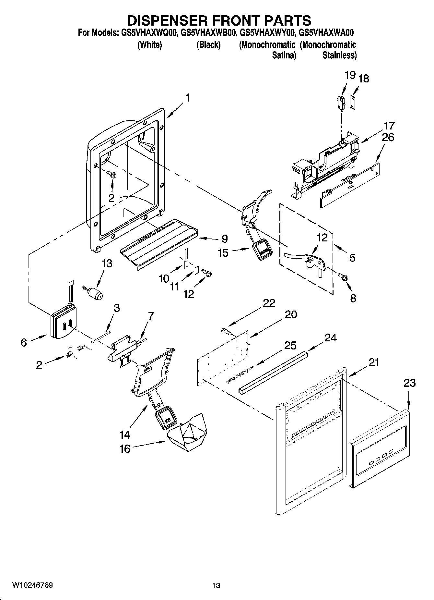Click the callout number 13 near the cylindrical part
[x=107, y=263]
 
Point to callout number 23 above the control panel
[x=409, y=383]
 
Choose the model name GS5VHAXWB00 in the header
[x=207, y=33]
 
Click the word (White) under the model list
[x=150, y=45]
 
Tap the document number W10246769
[x=32, y=585]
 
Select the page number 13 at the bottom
[x=216, y=585]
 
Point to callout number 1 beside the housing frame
[x=187, y=98]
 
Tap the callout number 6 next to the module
[x=24, y=342]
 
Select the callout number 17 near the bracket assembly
[x=389, y=125]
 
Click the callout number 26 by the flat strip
[x=388, y=137]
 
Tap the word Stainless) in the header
[x=339, y=55]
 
